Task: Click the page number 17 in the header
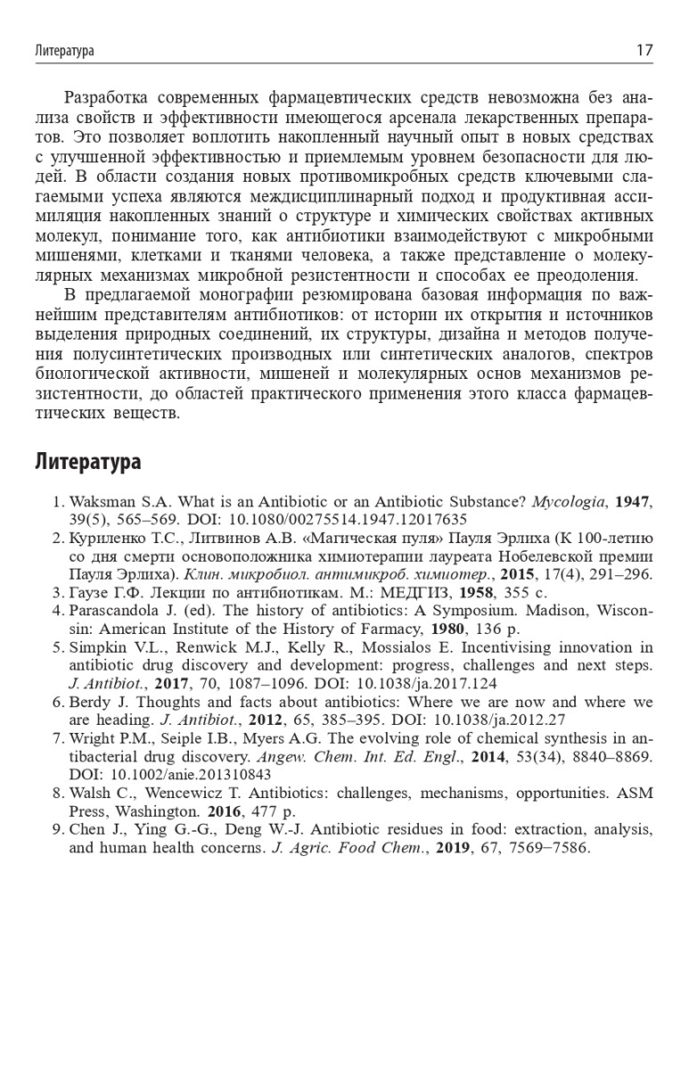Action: pyautogui.click(x=644, y=51)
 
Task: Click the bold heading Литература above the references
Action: pyautogui.click(x=88, y=463)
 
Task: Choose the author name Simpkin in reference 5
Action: pyautogui.click(x=94, y=647)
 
